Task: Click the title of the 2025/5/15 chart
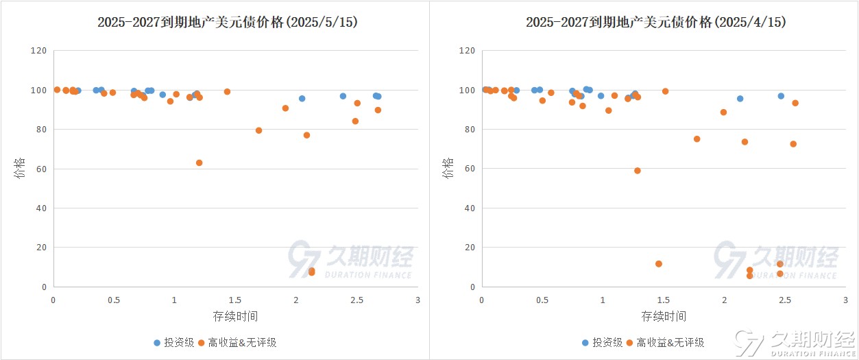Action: click(x=228, y=22)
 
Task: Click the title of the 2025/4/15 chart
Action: click(x=656, y=22)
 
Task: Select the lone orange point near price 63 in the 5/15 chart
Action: click(x=199, y=163)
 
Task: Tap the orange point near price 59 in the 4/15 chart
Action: click(x=637, y=171)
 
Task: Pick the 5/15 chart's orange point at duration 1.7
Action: click(x=258, y=130)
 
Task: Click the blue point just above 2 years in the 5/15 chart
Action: click(x=302, y=99)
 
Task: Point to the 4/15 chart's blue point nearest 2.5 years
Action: click(x=781, y=96)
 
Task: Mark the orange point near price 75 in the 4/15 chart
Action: click(x=697, y=139)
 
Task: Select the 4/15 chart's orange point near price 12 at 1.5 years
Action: click(x=659, y=264)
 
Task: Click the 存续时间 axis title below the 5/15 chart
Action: click(x=235, y=316)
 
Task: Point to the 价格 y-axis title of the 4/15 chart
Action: click(x=448, y=168)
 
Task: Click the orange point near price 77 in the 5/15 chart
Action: click(x=306, y=135)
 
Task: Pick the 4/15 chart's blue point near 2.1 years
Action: click(x=740, y=99)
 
